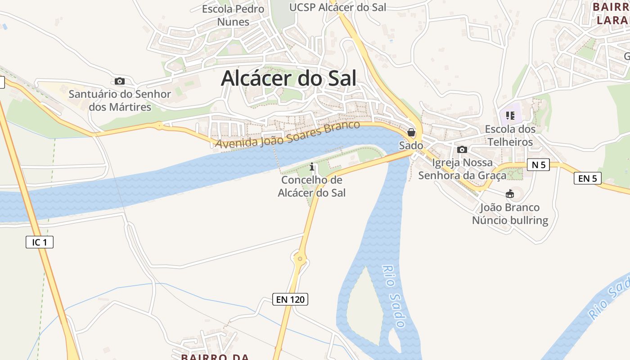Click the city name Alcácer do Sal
point(288,78)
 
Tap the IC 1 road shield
point(40,243)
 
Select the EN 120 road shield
point(290,299)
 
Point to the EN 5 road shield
point(588,178)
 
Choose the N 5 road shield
point(538,165)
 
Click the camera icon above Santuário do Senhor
point(119,81)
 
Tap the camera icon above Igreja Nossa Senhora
point(462,149)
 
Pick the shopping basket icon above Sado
point(411,132)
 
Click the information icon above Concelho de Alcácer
point(312,167)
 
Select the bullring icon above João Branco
point(509,194)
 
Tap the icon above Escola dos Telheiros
point(510,116)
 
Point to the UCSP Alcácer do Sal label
point(337,7)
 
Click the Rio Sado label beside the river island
point(394,296)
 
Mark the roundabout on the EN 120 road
point(300,259)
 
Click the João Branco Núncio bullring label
point(510,214)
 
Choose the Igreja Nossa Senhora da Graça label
point(462,169)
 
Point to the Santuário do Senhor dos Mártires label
point(120,100)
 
